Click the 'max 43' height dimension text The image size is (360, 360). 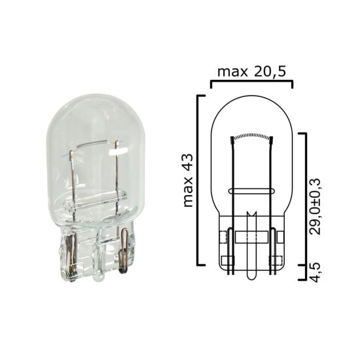click(x=190, y=181)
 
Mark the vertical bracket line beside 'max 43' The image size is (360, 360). click(x=198, y=181)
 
